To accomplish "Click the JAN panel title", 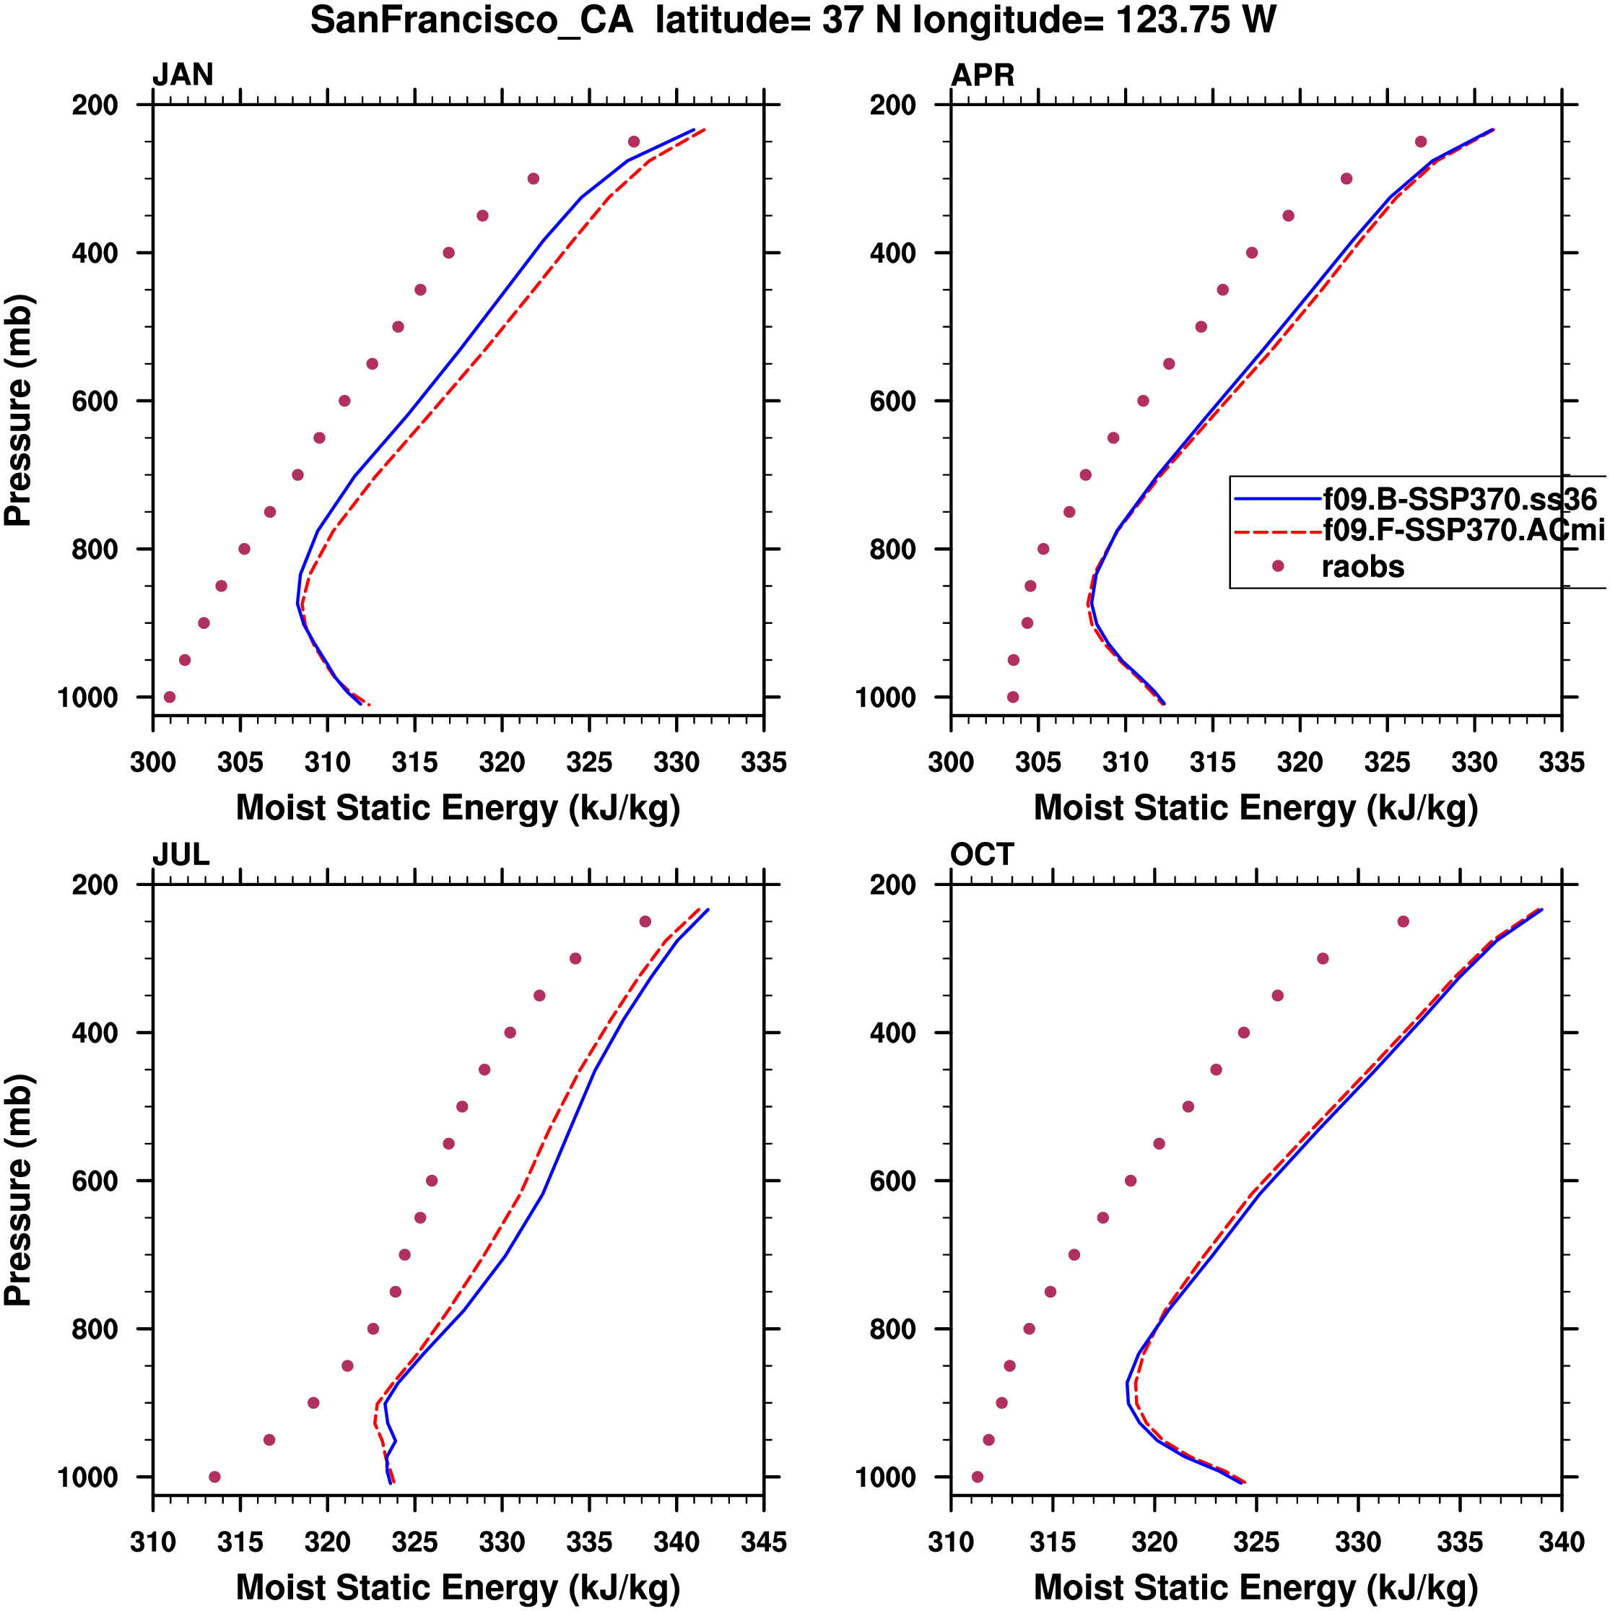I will coord(183,75).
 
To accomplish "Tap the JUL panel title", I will coord(181,855).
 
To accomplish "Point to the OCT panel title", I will coord(982,855).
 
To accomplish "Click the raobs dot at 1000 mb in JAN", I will coord(169,697).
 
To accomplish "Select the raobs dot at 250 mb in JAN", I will coord(634,142).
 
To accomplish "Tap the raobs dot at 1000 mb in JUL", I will coord(214,1477).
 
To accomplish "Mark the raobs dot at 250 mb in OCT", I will coord(1404,921).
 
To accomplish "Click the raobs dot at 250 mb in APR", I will coord(1421,142).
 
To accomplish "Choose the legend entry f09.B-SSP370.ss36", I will coord(1459,500).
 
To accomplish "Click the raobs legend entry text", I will coord(1362,567).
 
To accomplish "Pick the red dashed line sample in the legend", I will coord(1277,531).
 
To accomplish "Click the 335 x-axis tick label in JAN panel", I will coord(763,762).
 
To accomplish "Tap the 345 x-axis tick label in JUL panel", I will coord(763,1542).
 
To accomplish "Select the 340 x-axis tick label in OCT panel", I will coord(1561,1542).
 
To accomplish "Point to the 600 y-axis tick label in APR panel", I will coord(892,401).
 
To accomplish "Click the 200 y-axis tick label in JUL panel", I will coord(95,885).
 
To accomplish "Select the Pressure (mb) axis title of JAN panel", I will coord(18,409).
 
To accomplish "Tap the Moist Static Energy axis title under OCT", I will coord(1256,1588).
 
